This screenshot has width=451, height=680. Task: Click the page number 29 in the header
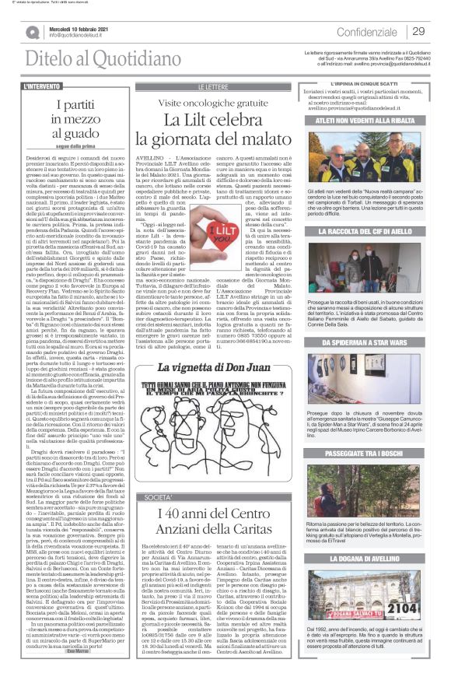pyautogui.click(x=418, y=31)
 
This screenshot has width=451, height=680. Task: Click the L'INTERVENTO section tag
pyautogui.click(x=44, y=86)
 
